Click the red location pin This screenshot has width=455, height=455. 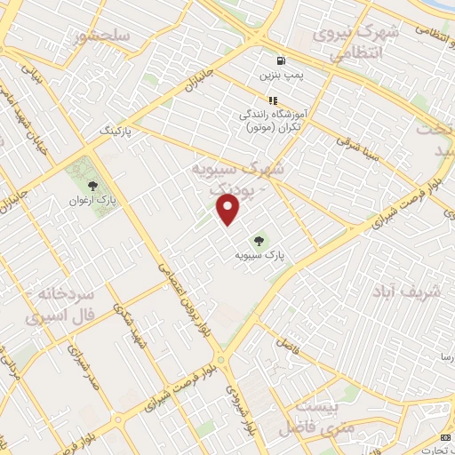229,210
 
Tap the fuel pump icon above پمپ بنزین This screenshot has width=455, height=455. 282,61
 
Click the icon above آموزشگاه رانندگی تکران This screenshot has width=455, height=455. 273,100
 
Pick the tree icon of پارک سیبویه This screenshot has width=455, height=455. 259,239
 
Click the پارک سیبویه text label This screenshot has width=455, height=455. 260,255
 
